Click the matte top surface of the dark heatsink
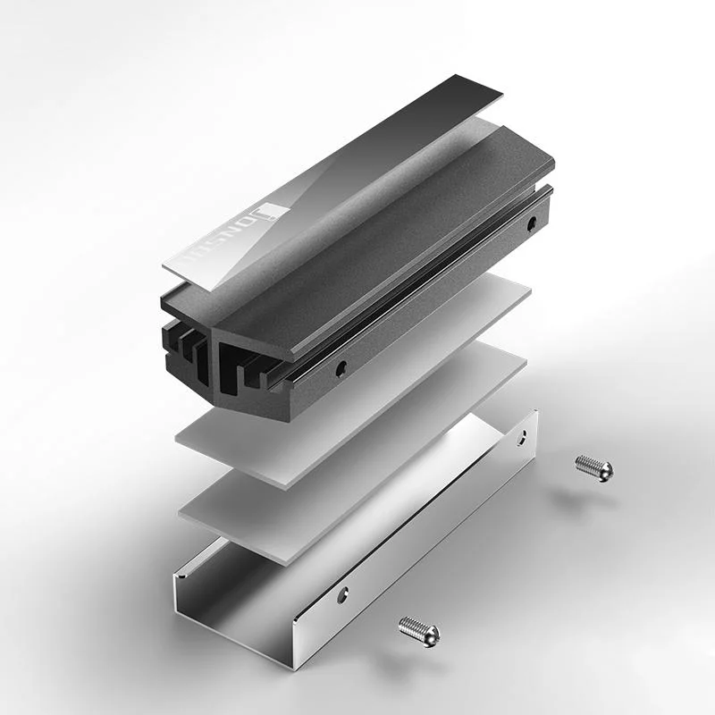(x=402, y=241)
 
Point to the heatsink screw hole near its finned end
(x=340, y=366)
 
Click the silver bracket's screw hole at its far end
(x=524, y=437)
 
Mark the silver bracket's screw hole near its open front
(x=342, y=594)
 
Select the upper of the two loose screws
(x=594, y=467)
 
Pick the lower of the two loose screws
(x=418, y=631)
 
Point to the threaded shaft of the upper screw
(x=586, y=464)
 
